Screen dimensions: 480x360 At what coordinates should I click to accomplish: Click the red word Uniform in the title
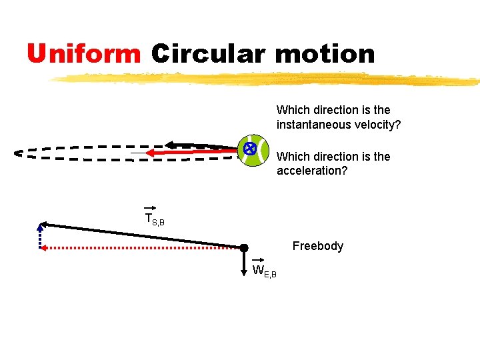[x=84, y=53]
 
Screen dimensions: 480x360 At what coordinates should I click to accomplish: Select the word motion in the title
[x=325, y=53]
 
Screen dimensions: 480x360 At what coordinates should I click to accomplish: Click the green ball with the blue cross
[x=253, y=152]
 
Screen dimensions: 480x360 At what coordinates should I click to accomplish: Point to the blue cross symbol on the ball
[x=249, y=149]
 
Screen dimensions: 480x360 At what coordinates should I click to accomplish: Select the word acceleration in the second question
[x=307, y=171]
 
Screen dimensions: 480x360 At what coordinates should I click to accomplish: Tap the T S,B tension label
[x=154, y=218]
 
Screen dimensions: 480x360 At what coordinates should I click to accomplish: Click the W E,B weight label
[x=264, y=271]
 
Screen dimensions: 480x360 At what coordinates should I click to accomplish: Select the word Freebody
[x=318, y=246]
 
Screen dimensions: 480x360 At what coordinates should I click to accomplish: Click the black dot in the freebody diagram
[x=244, y=247]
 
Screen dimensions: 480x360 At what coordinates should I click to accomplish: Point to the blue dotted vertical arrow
[x=40, y=235]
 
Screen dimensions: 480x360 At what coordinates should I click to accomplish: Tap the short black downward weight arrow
[x=244, y=260]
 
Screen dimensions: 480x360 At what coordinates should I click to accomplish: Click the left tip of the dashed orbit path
[x=17, y=153]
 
